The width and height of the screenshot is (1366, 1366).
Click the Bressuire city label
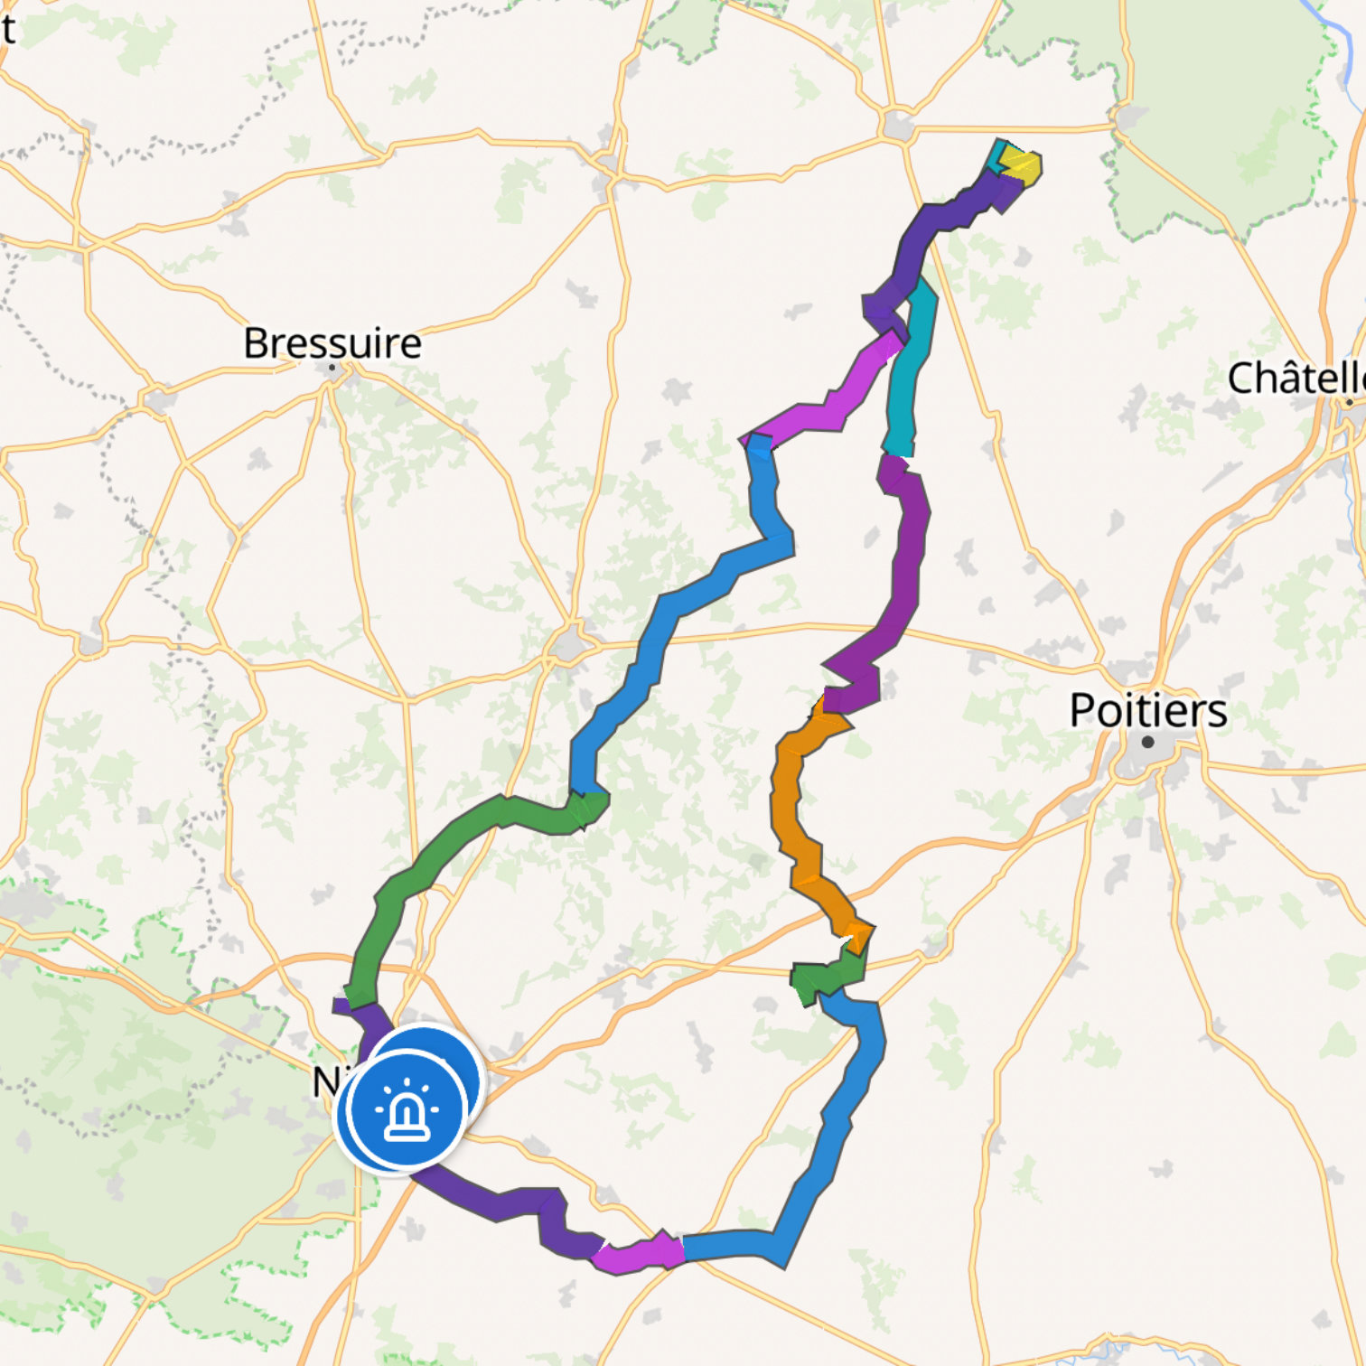click(x=332, y=343)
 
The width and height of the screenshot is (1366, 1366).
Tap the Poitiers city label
click(x=1147, y=710)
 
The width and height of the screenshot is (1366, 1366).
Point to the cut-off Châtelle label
click(x=1296, y=378)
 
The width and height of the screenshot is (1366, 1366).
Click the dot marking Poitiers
click(x=1147, y=743)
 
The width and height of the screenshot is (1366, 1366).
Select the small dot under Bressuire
click(x=332, y=368)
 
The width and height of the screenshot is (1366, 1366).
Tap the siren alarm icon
click(x=406, y=1110)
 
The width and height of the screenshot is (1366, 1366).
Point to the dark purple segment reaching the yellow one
click(x=940, y=226)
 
